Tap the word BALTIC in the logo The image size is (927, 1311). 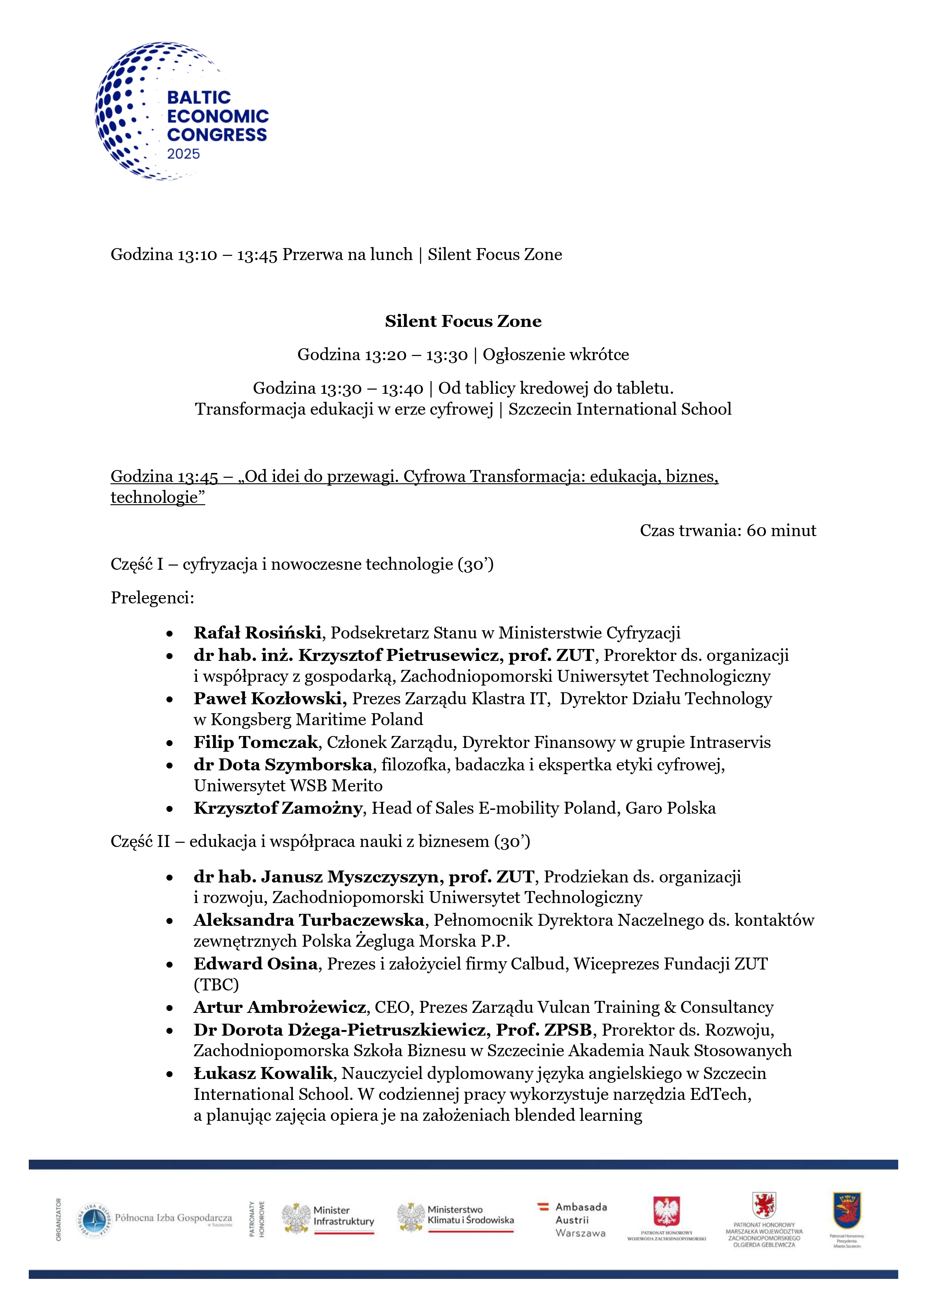[x=199, y=97]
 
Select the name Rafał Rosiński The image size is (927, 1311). [x=257, y=633]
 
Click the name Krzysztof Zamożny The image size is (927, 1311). [x=278, y=808]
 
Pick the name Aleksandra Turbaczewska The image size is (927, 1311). [x=308, y=920]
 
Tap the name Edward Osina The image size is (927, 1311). [x=255, y=964]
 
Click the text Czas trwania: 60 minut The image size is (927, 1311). [x=728, y=531]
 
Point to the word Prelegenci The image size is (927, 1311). [x=152, y=598]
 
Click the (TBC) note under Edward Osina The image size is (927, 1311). [x=216, y=984]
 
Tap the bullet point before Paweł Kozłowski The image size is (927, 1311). [x=170, y=699]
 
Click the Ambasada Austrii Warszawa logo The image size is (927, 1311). [x=572, y=1219]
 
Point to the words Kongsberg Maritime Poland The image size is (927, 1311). [x=316, y=720]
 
